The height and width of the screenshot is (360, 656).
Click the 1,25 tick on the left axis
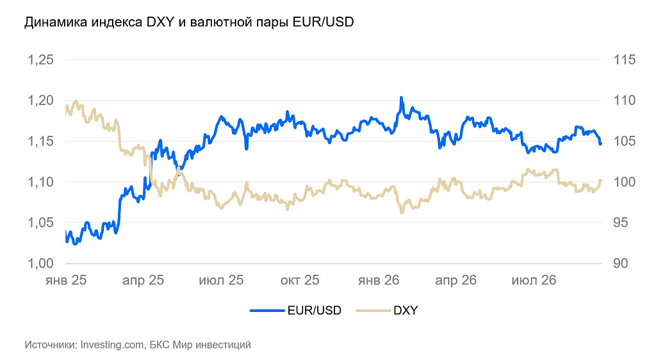(x=40, y=60)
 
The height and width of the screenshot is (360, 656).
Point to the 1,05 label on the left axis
(x=40, y=222)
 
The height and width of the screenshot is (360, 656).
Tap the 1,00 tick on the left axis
(x=40, y=263)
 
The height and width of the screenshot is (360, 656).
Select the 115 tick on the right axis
(x=624, y=60)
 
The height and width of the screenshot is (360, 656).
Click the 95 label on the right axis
(x=620, y=222)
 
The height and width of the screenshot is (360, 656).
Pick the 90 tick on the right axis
(x=620, y=263)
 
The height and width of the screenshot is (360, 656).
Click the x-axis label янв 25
(x=66, y=280)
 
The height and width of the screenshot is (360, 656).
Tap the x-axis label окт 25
(x=300, y=280)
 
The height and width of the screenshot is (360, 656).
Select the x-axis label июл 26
(x=534, y=280)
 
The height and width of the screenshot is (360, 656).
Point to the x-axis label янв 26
(x=379, y=280)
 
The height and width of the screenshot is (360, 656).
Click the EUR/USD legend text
(x=314, y=310)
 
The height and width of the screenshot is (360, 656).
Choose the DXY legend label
(x=406, y=310)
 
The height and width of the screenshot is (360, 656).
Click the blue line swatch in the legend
(x=267, y=311)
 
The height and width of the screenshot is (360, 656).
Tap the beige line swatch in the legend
(x=373, y=311)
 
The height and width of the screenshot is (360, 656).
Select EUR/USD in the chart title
(x=323, y=22)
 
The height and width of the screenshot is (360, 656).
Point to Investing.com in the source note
(x=112, y=345)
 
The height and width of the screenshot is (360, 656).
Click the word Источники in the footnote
(x=51, y=345)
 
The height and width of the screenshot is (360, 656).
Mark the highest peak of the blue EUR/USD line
(x=401, y=97)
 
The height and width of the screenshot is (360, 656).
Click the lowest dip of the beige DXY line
(x=402, y=213)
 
